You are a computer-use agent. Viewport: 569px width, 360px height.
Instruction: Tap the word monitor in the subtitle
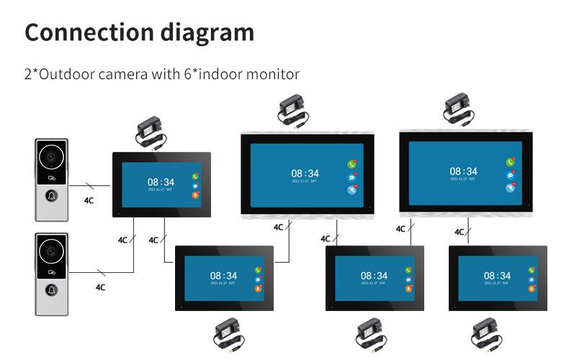[274, 74]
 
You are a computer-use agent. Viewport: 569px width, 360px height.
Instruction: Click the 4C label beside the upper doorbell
[89, 200]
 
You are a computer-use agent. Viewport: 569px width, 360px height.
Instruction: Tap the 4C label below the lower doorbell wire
[100, 287]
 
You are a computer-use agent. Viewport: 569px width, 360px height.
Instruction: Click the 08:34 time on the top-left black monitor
[161, 182]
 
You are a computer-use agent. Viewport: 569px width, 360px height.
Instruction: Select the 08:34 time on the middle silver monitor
[304, 173]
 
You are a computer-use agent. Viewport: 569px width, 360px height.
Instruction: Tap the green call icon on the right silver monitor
[510, 163]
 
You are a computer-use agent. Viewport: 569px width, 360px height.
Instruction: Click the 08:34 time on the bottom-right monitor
[497, 275]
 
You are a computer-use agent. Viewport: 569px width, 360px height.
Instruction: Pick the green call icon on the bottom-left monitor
[258, 270]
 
